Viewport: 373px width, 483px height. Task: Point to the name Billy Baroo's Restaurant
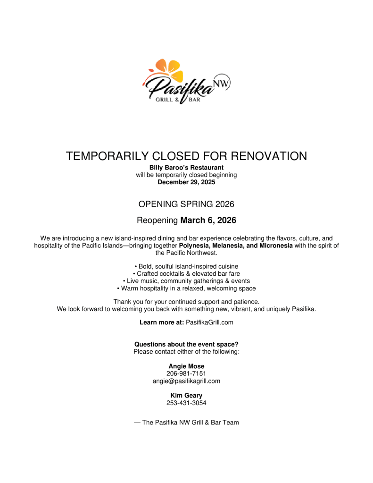pyautogui.click(x=186, y=168)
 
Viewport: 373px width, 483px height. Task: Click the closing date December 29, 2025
pyautogui.click(x=186, y=182)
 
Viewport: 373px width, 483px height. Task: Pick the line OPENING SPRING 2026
pyautogui.click(x=186, y=204)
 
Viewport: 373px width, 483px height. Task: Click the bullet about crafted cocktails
pyautogui.click(x=186, y=273)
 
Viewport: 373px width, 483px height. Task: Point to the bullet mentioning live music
pyautogui.click(x=186, y=281)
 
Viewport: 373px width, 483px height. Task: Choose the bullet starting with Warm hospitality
pyautogui.click(x=186, y=288)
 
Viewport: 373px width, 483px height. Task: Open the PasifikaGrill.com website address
pyautogui.click(x=209, y=322)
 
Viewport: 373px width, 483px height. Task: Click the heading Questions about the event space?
pyautogui.click(x=186, y=344)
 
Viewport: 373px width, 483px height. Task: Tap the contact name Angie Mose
pyautogui.click(x=186, y=366)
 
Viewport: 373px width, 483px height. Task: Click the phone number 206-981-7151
pyautogui.click(x=186, y=373)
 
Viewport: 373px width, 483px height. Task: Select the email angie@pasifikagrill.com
pyautogui.click(x=186, y=381)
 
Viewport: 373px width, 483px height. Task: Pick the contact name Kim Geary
pyautogui.click(x=186, y=396)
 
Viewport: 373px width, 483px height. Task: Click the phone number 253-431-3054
pyautogui.click(x=186, y=403)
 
